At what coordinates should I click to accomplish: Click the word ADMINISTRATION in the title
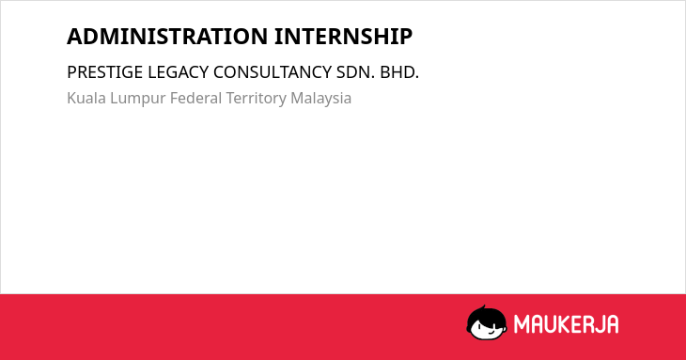tap(167, 37)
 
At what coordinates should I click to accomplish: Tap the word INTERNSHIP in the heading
tap(343, 37)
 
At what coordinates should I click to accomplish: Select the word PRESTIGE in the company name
tap(105, 72)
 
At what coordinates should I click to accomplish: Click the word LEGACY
tap(178, 72)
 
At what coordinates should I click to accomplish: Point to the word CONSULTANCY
tap(273, 72)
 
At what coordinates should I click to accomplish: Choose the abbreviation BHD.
tap(399, 72)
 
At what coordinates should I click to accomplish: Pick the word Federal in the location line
tap(195, 98)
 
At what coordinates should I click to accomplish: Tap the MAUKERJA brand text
tap(566, 324)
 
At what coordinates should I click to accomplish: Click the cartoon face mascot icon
tap(487, 322)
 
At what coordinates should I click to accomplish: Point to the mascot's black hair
tap(486, 315)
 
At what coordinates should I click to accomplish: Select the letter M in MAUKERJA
tap(522, 324)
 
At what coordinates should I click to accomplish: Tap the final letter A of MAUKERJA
tap(613, 324)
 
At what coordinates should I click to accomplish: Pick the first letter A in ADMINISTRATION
tap(74, 37)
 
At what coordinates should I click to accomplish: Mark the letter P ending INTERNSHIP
tap(406, 37)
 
